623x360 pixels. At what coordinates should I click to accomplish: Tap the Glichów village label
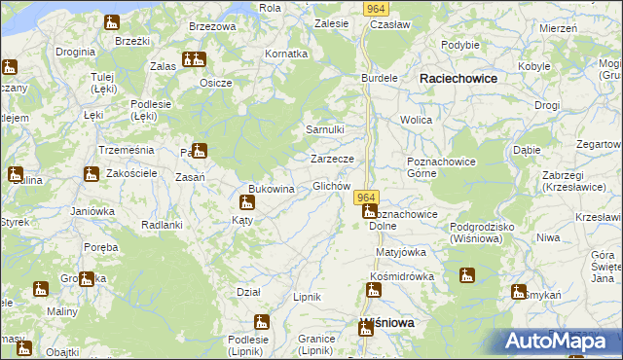[331, 186]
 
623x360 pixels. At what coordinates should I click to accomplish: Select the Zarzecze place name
[338, 158]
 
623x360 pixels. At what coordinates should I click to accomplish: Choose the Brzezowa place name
[213, 26]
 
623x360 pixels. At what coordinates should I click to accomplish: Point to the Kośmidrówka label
[401, 276]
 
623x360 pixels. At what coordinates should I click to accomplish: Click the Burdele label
[380, 77]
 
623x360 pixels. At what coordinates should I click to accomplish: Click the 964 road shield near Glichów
[366, 197]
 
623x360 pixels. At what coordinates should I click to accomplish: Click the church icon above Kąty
[246, 202]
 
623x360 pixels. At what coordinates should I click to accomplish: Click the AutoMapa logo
[562, 342]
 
